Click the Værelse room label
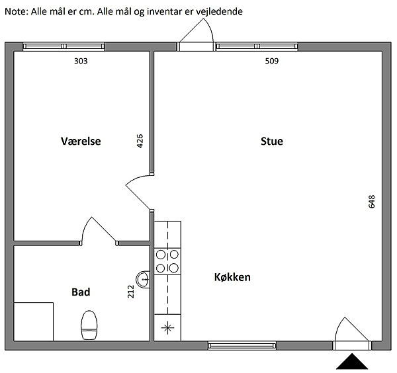tap(81, 142)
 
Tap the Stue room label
tap(272, 142)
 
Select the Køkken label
tap(232, 277)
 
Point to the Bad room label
tap(81, 292)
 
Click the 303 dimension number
tap(81, 61)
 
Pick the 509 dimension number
tap(272, 61)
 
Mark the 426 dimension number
tap(140, 141)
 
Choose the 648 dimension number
tap(371, 202)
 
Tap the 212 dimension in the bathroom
tap(130, 292)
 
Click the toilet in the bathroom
tap(89, 325)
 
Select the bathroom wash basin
tap(143, 279)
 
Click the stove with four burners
tap(167, 261)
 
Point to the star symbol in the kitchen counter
tap(167, 328)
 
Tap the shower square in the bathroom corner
tap(34, 321)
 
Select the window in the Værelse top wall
tap(64, 46)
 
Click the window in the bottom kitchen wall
tap(242, 346)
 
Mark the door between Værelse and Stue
tap(140, 192)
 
